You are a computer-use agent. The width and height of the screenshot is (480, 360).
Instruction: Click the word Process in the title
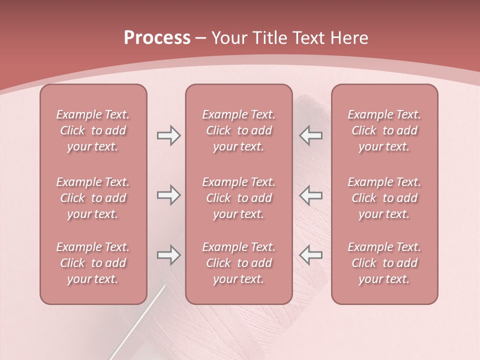(157, 38)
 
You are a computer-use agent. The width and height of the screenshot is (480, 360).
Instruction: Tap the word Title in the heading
(269, 38)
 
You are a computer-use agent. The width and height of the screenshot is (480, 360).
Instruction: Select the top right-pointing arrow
(168, 135)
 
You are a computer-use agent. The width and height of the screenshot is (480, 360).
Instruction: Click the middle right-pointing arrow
(168, 195)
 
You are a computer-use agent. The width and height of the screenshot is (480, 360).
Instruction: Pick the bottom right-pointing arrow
(168, 255)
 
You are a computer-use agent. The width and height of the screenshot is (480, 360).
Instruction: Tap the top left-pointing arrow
(311, 135)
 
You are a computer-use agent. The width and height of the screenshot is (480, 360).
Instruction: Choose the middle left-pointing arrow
(311, 195)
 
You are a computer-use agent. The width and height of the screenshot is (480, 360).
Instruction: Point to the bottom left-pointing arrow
(311, 255)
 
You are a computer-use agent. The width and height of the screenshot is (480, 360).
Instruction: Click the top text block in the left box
(93, 130)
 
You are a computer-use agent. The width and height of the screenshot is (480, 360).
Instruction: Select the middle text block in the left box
(93, 198)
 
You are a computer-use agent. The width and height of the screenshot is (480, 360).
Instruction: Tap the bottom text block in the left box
(93, 263)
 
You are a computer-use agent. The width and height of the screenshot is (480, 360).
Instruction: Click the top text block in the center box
(238, 130)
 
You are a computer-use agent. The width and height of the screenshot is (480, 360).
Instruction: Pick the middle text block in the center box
(238, 198)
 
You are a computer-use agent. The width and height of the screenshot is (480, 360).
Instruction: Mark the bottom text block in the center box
(238, 263)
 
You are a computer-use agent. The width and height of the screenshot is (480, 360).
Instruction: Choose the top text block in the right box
(384, 130)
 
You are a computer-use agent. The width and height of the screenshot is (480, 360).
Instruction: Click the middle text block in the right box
(384, 198)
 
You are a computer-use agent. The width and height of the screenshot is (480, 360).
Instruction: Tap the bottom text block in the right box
(384, 263)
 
